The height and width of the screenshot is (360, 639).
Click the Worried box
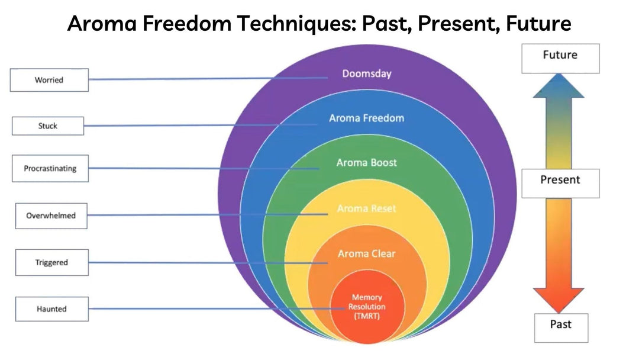tap(49, 80)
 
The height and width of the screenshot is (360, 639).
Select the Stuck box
tap(48, 126)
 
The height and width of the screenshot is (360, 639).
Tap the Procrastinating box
tap(50, 168)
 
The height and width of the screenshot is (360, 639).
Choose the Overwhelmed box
tap(51, 216)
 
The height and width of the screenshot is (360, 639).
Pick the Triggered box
tap(51, 262)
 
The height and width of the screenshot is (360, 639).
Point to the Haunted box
tap(51, 309)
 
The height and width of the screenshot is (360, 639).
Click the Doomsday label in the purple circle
tap(367, 74)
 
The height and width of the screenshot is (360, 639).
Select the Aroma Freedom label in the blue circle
tap(367, 118)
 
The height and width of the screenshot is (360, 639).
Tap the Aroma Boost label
tap(367, 163)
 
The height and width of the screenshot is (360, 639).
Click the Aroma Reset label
tap(367, 208)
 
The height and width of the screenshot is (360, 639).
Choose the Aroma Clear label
tap(367, 253)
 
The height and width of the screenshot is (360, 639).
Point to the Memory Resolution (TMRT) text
tap(367, 307)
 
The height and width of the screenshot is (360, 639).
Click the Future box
tap(560, 59)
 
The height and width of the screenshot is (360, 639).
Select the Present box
tap(560, 184)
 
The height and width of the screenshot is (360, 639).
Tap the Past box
tap(561, 328)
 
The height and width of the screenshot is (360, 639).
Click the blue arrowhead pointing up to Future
tap(559, 86)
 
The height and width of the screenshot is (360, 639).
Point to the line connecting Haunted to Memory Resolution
tap(217, 308)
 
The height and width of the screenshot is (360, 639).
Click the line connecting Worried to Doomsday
tap(208, 78)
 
